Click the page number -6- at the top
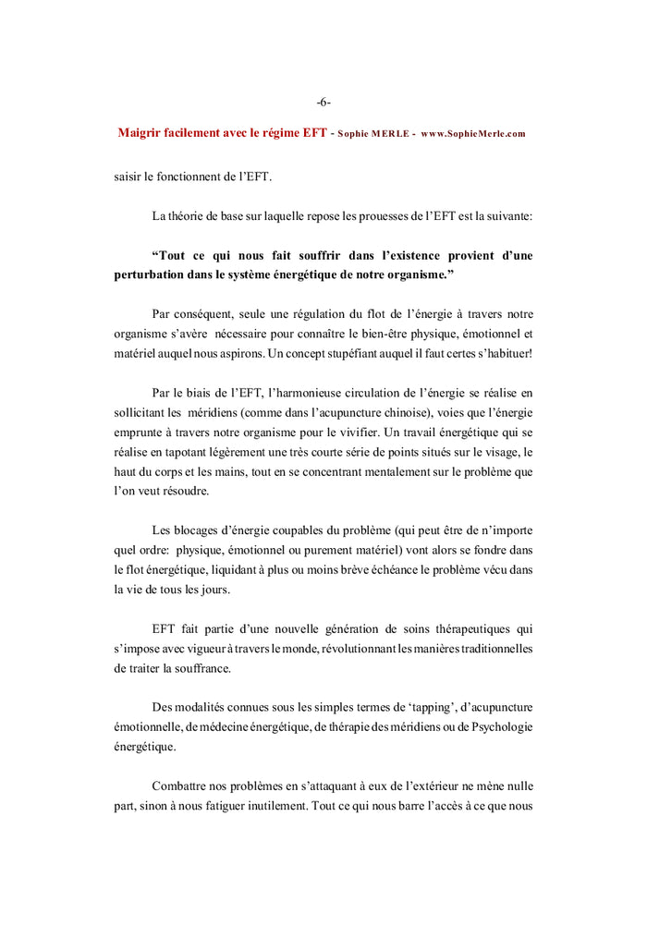click(x=323, y=103)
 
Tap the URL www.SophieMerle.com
click(x=472, y=134)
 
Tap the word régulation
click(x=309, y=314)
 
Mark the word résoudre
click(x=177, y=491)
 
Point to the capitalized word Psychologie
click(x=496, y=726)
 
